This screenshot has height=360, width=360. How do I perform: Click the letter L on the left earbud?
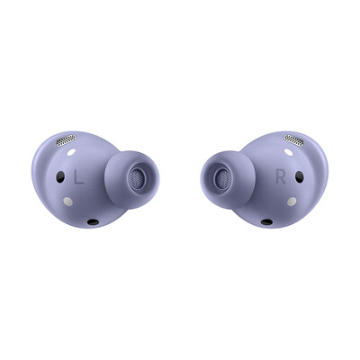(x=78, y=177)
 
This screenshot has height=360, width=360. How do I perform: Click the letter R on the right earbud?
(x=281, y=177)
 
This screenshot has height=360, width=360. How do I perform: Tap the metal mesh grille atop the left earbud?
(x=66, y=140)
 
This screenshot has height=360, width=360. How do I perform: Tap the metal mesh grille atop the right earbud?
(x=294, y=139)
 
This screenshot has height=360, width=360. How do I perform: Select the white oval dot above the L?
(x=71, y=152)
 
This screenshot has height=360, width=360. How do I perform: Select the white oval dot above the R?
(x=289, y=152)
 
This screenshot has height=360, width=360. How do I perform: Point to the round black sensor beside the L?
(x=60, y=177)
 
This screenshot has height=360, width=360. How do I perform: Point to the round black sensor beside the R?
(x=300, y=177)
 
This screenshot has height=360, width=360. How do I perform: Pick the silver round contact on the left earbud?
(x=68, y=202)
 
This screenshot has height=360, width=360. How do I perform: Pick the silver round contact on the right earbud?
(x=292, y=202)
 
